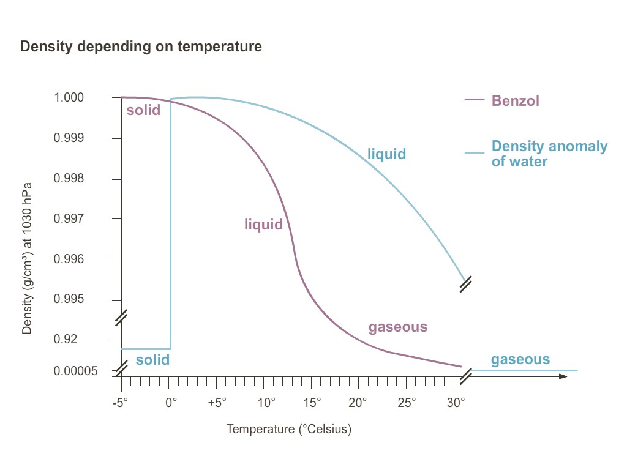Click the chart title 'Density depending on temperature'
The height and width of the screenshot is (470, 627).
[x=141, y=47]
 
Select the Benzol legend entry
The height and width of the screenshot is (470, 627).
[x=516, y=101]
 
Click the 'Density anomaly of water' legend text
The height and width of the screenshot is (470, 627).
[x=549, y=154]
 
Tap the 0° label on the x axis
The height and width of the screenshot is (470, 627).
[x=171, y=403]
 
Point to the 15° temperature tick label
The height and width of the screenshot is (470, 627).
[x=312, y=403]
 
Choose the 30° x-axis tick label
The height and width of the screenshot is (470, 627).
[x=455, y=403]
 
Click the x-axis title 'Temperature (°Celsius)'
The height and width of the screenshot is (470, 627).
[x=289, y=429]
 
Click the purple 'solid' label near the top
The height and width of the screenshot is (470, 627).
[x=143, y=110]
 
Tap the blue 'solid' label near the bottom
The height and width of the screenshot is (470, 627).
[x=152, y=360]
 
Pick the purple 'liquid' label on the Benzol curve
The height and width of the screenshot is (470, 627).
[x=264, y=225]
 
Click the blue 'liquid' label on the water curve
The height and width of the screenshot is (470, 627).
[x=386, y=154]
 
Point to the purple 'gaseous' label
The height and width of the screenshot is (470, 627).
[x=397, y=327]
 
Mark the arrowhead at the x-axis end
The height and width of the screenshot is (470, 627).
[x=563, y=376]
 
